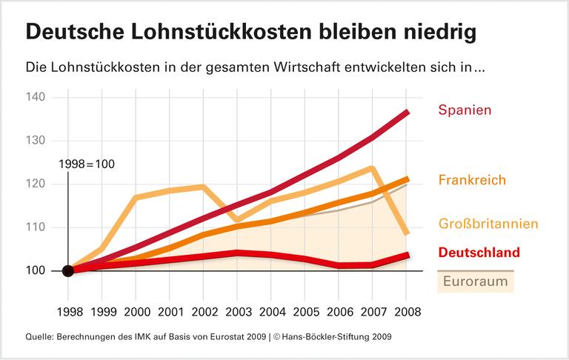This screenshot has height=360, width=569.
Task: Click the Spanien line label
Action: pos(465,110)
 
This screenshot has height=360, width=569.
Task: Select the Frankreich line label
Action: pos(472,180)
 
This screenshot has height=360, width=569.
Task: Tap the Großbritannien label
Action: pos(488,224)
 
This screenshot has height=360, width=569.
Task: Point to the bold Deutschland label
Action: pos(479,253)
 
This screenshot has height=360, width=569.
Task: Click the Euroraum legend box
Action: pos(474,281)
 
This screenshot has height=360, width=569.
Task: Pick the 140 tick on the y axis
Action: pos(36,97)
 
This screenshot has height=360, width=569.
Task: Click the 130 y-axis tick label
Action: pos(36,141)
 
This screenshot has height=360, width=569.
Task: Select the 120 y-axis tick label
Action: pos(36,184)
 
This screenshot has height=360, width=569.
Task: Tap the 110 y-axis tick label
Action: pos(36,227)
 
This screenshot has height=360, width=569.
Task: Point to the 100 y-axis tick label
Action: pos(36,270)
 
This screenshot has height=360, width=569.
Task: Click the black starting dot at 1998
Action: pos(67,270)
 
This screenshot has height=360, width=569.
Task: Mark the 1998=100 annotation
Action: pos(86,164)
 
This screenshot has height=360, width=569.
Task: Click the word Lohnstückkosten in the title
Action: pos(223,33)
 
